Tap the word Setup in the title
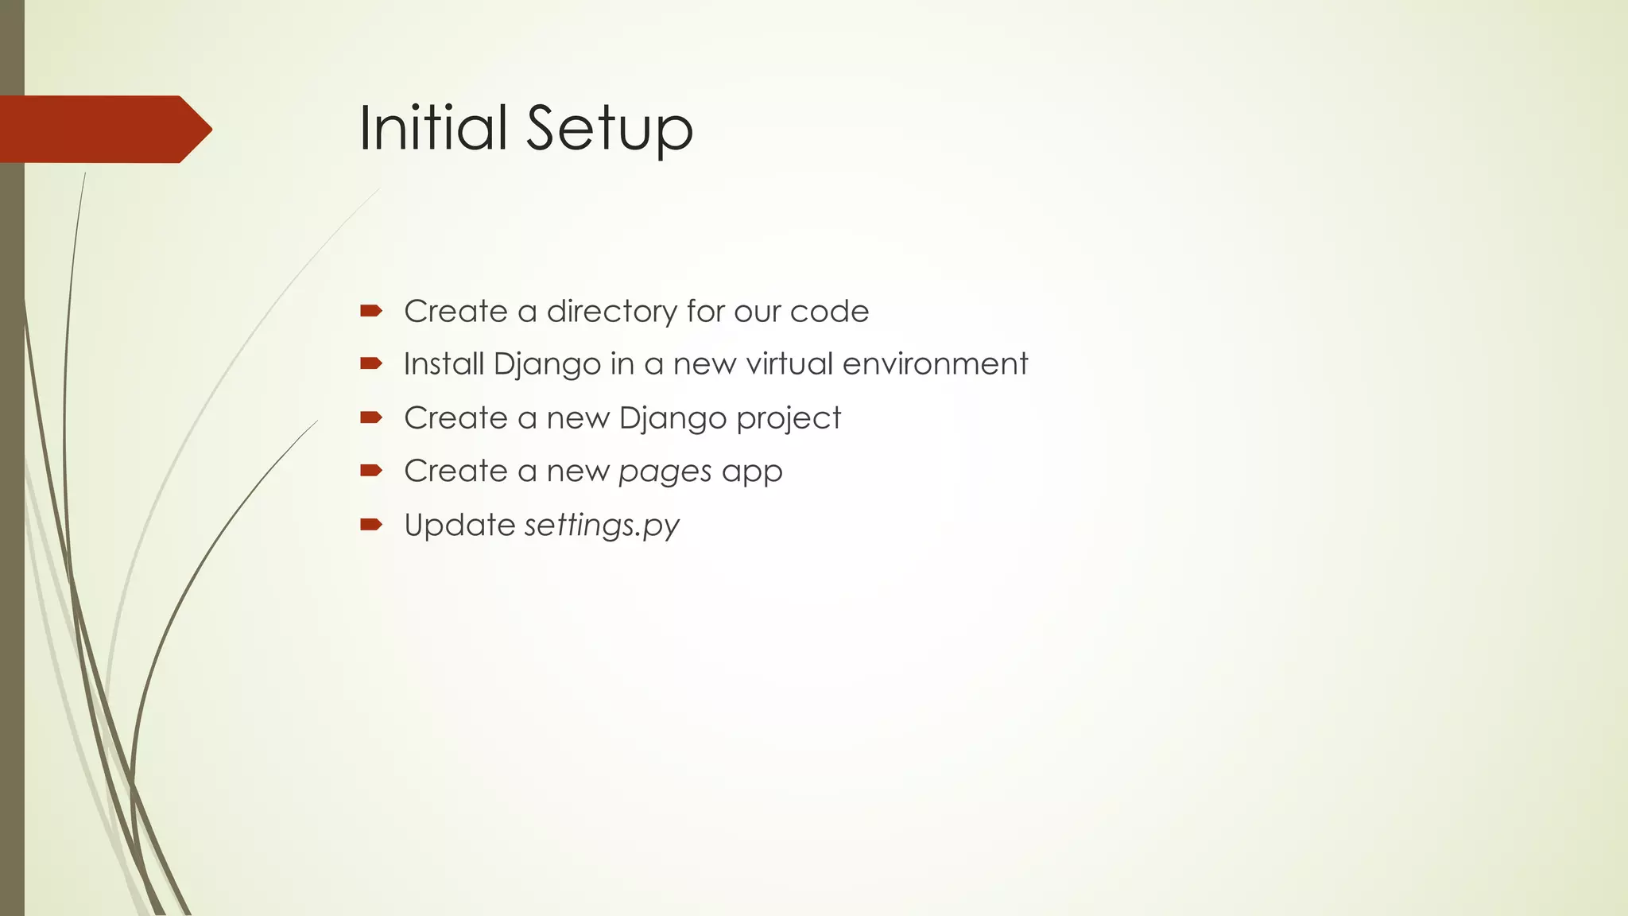pyautogui.click(x=610, y=129)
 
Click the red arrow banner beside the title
pyautogui.click(x=103, y=129)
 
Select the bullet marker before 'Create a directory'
pyautogui.click(x=370, y=311)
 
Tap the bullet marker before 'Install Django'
pyautogui.click(x=370, y=364)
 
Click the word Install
pyautogui.click(x=443, y=364)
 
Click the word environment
pyautogui.click(x=935, y=364)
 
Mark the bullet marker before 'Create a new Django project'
pyautogui.click(x=370, y=417)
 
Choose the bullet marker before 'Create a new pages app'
pyautogui.click(x=370, y=471)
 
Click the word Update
pyautogui.click(x=459, y=525)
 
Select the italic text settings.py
pyautogui.click(x=602, y=526)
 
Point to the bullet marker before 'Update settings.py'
pyautogui.click(x=370, y=524)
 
